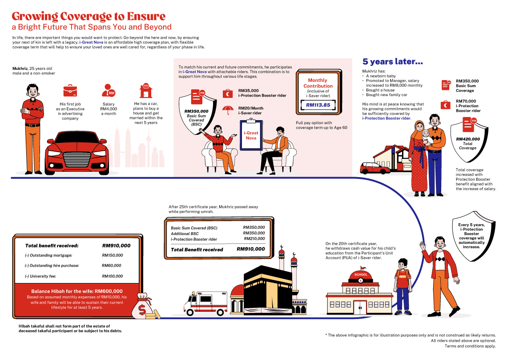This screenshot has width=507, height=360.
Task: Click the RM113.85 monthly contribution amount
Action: coord(318,105)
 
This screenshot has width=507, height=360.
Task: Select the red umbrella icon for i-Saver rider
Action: coord(228,110)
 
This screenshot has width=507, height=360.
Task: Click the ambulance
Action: coord(205,303)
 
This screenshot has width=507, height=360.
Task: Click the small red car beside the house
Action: coord(374,168)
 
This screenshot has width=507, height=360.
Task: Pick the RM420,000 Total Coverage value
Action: coord(468,139)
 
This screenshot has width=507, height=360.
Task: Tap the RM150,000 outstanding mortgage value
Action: coord(113,255)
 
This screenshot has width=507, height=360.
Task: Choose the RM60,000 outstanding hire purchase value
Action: coord(111,266)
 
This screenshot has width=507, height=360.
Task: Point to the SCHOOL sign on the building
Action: coord(361,275)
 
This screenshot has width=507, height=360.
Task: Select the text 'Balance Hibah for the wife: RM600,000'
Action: coord(83,291)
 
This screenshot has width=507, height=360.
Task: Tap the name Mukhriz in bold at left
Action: coord(20,69)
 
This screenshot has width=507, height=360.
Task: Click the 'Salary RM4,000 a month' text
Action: coord(109,109)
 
